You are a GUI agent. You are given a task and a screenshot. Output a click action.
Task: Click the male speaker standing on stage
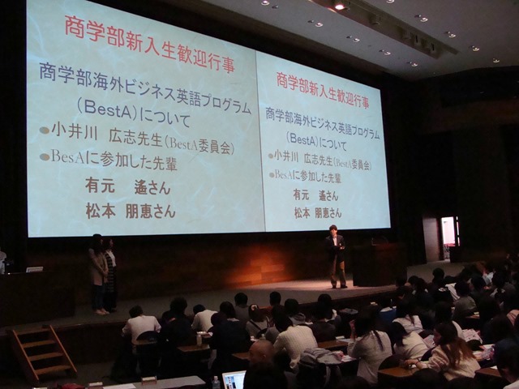click(336, 256)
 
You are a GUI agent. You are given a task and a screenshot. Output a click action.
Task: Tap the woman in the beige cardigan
click(98, 274)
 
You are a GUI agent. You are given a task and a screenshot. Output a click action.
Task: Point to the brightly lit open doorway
click(448, 236)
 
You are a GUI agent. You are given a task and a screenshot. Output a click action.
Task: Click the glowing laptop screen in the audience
click(234, 380)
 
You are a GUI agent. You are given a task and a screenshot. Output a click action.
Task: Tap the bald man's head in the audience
click(261, 353)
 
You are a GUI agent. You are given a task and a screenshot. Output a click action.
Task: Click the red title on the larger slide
click(149, 43)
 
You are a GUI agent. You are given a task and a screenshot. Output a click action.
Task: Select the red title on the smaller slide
click(323, 90)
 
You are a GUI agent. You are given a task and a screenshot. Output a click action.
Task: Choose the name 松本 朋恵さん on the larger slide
click(131, 211)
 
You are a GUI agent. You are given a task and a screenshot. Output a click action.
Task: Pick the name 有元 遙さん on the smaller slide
click(315, 195)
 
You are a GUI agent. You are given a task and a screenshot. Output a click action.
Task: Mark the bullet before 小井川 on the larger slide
click(45, 130)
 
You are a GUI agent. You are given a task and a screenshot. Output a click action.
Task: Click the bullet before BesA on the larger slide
click(45, 157)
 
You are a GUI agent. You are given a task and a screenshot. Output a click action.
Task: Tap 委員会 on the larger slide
click(216, 147)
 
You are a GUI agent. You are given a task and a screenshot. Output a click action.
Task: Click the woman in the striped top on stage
click(111, 275)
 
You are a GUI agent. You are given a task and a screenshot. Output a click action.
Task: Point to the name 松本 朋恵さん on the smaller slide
click(318, 213)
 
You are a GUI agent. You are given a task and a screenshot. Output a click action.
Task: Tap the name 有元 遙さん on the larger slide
click(128, 187)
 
